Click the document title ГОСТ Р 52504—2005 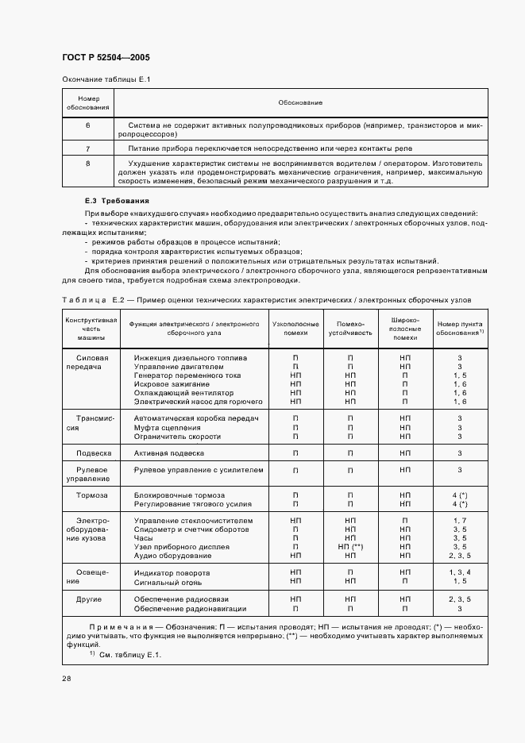pos(105,58)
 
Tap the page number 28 pos(66,679)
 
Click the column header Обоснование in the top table pos(300,102)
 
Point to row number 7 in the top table pos(87,148)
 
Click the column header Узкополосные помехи pos(295,329)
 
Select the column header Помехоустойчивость pos(349,329)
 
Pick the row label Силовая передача pos(91,363)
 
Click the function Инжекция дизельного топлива pos(191,358)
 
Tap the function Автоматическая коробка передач pos(197,417)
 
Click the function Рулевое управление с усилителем pos(198,470)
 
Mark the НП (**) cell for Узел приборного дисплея pos(349,547)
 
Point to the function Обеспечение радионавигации pos(190,609)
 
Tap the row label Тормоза pos(91,494)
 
